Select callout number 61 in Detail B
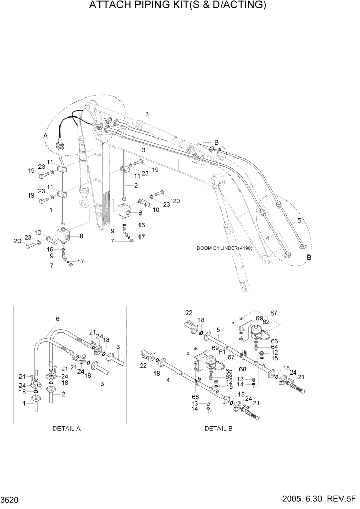click(x=222, y=351)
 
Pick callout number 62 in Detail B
click(x=266, y=322)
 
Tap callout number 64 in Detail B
click(x=274, y=347)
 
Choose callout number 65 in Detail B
click(x=229, y=370)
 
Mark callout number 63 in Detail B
click(x=229, y=376)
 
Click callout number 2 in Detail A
click(x=63, y=394)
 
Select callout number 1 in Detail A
click(x=24, y=404)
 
